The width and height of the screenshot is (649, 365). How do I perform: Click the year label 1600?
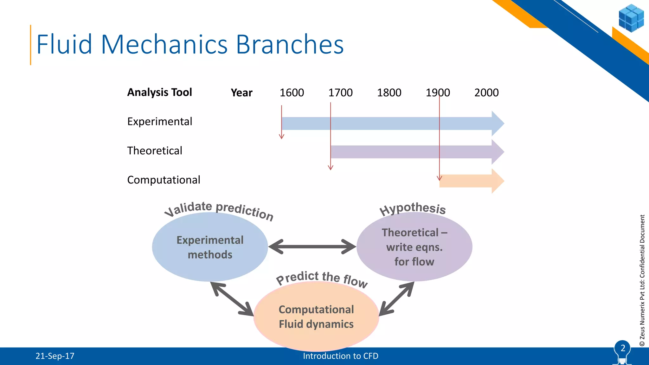click(x=292, y=93)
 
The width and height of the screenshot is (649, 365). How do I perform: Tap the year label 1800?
click(x=389, y=93)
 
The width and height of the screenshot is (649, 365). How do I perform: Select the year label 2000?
click(x=486, y=93)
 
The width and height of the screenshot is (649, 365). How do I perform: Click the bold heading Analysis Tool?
click(x=159, y=92)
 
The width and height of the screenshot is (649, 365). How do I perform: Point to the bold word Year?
click(x=241, y=93)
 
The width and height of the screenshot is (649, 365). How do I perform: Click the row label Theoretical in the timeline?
click(x=155, y=150)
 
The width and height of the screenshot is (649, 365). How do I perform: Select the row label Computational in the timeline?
click(x=164, y=180)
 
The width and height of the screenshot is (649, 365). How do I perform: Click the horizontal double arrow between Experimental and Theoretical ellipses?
click(x=312, y=247)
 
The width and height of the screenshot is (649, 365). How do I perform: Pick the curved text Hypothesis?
click(x=413, y=208)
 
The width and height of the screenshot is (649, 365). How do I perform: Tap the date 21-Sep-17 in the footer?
click(x=55, y=356)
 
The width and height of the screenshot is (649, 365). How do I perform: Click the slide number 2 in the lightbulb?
click(x=623, y=348)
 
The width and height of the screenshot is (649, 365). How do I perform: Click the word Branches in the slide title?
click(x=290, y=44)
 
